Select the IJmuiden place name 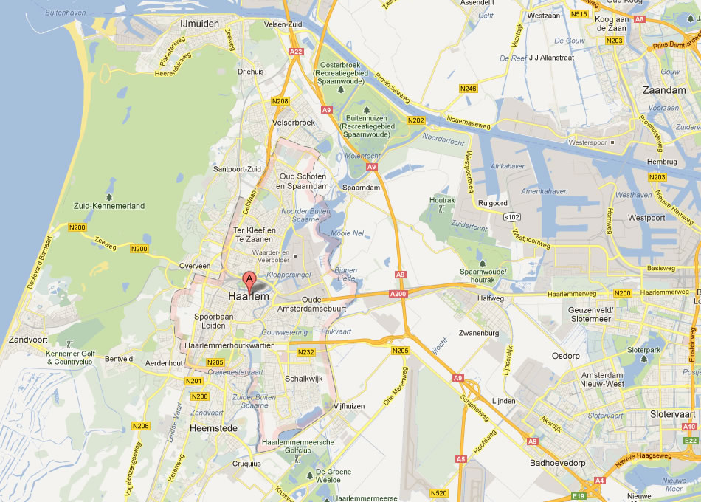tap(200, 24)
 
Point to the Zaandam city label tap(644, 89)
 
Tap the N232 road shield tap(306, 352)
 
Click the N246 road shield tap(468, 89)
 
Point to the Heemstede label tap(213, 428)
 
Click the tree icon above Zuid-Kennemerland tap(110, 197)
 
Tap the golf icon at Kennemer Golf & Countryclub tap(69, 344)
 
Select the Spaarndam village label tap(361, 188)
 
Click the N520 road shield tap(438, 492)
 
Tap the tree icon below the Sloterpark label tap(643, 360)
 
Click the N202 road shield tap(416, 120)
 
